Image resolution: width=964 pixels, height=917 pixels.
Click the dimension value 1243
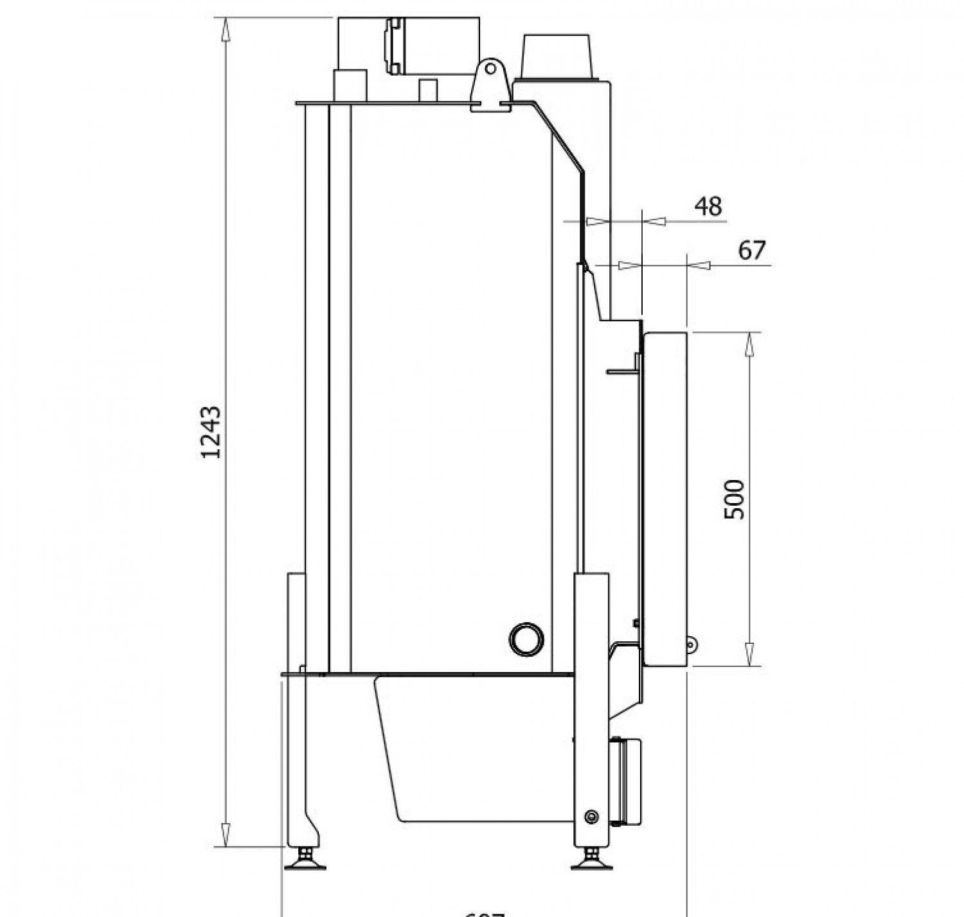click(211, 432)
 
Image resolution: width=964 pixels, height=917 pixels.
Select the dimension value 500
click(734, 499)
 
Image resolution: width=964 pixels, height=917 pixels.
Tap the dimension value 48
click(708, 206)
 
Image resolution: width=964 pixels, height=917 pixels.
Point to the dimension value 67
click(752, 250)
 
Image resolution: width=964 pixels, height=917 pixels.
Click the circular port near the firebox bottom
click(526, 639)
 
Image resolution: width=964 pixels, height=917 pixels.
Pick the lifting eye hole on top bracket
click(491, 67)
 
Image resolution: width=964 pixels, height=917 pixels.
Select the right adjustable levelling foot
click(591, 860)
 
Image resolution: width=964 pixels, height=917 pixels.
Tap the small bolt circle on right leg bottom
click(591, 817)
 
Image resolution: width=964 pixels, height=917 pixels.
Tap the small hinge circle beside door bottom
click(692, 645)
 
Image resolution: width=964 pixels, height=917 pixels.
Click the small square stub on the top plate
click(427, 90)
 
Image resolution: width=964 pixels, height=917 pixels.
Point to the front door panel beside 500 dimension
click(666, 499)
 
